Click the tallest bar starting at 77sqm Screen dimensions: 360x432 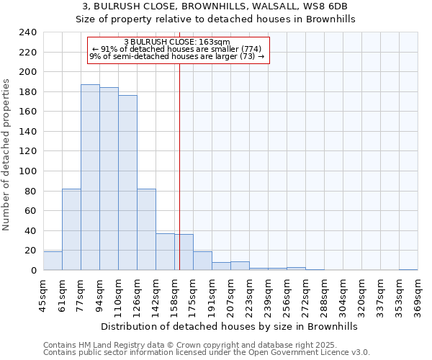pyautogui.click(x=90, y=177)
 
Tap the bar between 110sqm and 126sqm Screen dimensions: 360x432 pyautogui.click(x=127, y=183)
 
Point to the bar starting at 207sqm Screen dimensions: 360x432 pyautogui.click(x=240, y=266)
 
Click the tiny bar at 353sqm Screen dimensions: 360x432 pyautogui.click(x=408, y=269)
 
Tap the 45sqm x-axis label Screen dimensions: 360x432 pyautogui.click(x=43, y=297)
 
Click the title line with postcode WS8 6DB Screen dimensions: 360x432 pyautogui.click(x=215, y=6)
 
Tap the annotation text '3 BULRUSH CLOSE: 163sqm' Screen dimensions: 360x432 pyautogui.click(x=177, y=42)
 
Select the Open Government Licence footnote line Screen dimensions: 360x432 pyautogui.click(x=206, y=352)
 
